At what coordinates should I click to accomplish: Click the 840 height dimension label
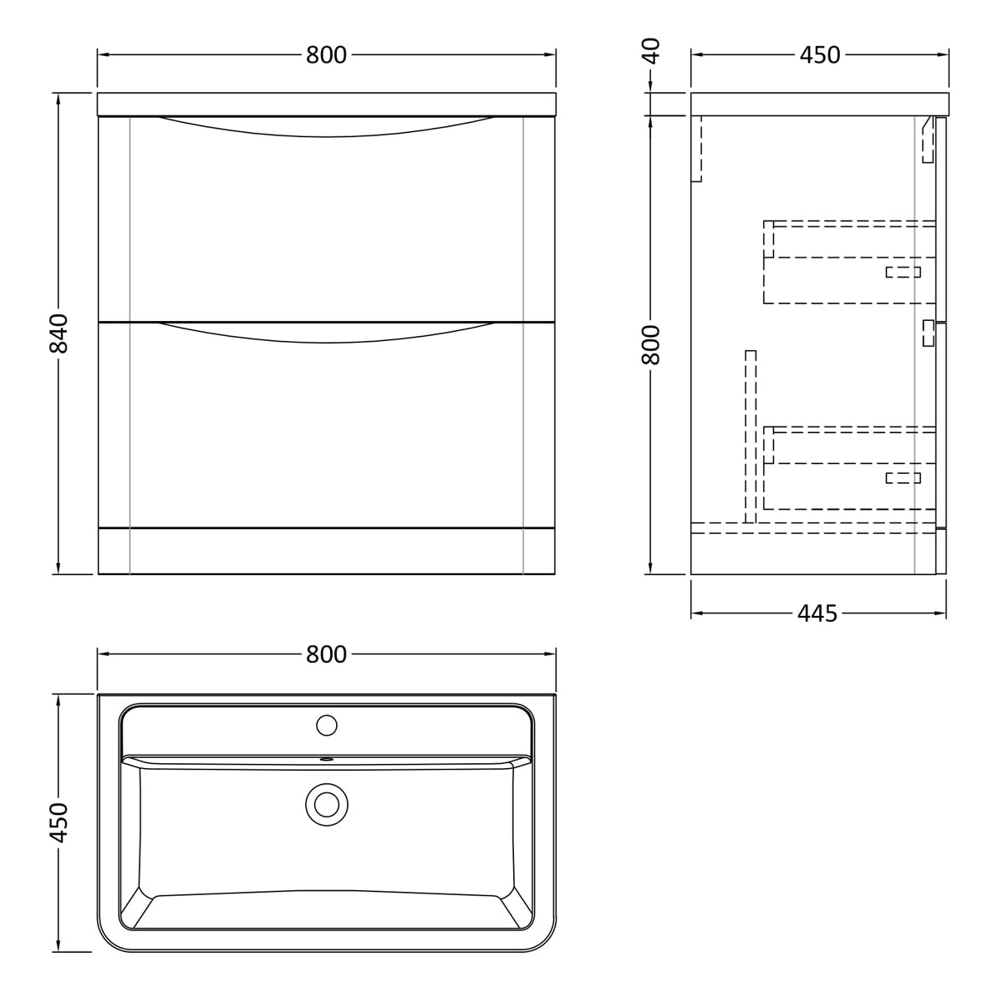coord(59,333)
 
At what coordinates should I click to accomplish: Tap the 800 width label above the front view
coord(326,54)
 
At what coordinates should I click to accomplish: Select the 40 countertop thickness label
coord(651,50)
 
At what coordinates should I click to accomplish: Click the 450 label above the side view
coord(820,54)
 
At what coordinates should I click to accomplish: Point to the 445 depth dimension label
coord(817,614)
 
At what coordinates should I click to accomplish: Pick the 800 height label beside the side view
coord(651,344)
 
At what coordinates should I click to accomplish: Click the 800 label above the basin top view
coord(326,654)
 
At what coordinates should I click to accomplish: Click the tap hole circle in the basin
coord(327,725)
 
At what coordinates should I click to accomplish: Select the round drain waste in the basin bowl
coord(327,805)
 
